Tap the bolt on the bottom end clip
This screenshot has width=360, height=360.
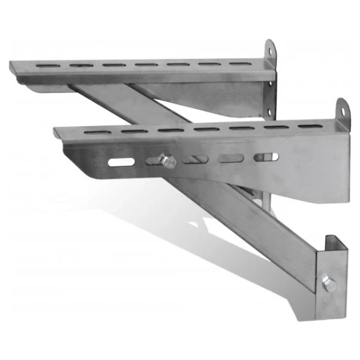[328, 285]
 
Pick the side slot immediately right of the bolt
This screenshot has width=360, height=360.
[196, 159]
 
